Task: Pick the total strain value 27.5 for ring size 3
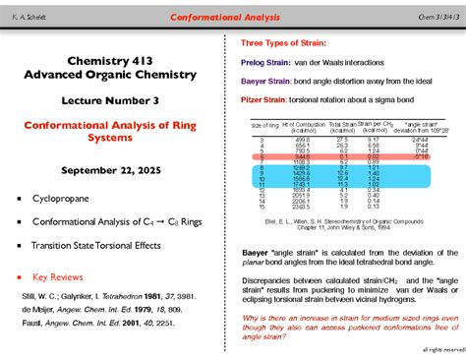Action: [x=341, y=140]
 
